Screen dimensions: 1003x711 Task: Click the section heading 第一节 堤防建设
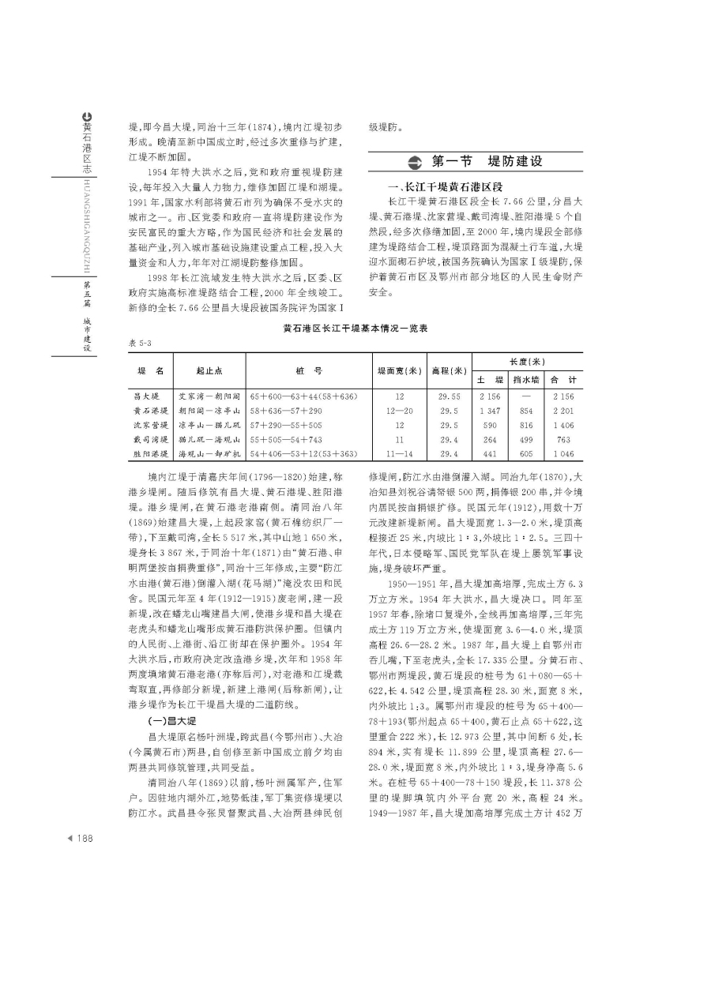pyautogui.click(x=487, y=162)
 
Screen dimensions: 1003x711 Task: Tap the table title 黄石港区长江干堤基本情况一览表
pyautogui.click(x=355, y=329)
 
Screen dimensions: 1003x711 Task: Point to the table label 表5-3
pyautogui.click(x=139, y=343)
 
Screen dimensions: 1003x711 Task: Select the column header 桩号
pyautogui.click(x=312, y=370)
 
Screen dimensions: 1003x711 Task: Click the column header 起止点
pyautogui.click(x=209, y=370)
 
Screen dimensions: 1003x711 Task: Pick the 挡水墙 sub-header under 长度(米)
pyautogui.click(x=525, y=379)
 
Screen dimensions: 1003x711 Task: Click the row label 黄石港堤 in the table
pyautogui.click(x=152, y=411)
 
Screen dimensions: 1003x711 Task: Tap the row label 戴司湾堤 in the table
pyautogui.click(x=152, y=439)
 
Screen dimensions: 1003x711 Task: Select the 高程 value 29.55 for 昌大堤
pyautogui.click(x=450, y=396)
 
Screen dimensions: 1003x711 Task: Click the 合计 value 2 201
pyautogui.click(x=563, y=411)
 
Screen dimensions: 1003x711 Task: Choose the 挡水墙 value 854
pyautogui.click(x=525, y=411)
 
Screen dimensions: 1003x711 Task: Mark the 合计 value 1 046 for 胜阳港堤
pyautogui.click(x=563, y=453)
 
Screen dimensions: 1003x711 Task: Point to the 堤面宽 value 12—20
pyautogui.click(x=400, y=411)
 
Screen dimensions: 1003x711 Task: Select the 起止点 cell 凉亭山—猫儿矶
pyautogui.click(x=209, y=425)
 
